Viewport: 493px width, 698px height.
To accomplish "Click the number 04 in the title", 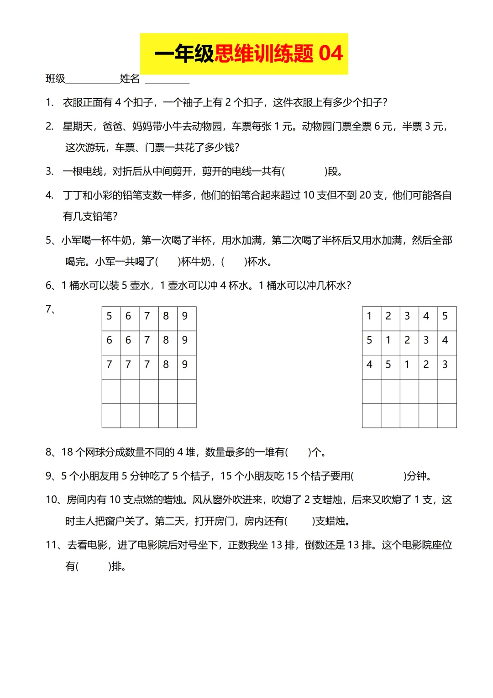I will [x=330, y=53].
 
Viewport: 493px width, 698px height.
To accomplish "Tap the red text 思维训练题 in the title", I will [x=264, y=53].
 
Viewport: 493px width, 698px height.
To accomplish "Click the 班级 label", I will [x=55, y=79].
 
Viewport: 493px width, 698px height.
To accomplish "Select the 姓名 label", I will [x=130, y=79].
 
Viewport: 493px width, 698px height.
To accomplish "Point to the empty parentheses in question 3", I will [x=304, y=171].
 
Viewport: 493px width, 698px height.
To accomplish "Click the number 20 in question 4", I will [x=365, y=195].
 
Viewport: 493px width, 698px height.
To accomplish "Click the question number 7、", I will [x=50, y=309].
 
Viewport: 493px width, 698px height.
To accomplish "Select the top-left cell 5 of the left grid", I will [x=109, y=316].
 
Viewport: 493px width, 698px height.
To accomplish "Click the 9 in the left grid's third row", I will [x=185, y=364].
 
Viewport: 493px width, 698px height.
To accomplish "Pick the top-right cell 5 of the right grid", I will [x=445, y=316].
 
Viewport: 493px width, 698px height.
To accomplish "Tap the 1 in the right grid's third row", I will [x=407, y=364].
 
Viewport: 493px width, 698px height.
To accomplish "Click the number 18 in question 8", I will [x=67, y=452].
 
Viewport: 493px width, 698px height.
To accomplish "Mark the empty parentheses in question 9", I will [x=379, y=476].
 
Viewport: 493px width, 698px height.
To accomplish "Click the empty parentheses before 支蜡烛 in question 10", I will [x=300, y=521].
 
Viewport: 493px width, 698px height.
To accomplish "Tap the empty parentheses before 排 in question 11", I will [x=94, y=567].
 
